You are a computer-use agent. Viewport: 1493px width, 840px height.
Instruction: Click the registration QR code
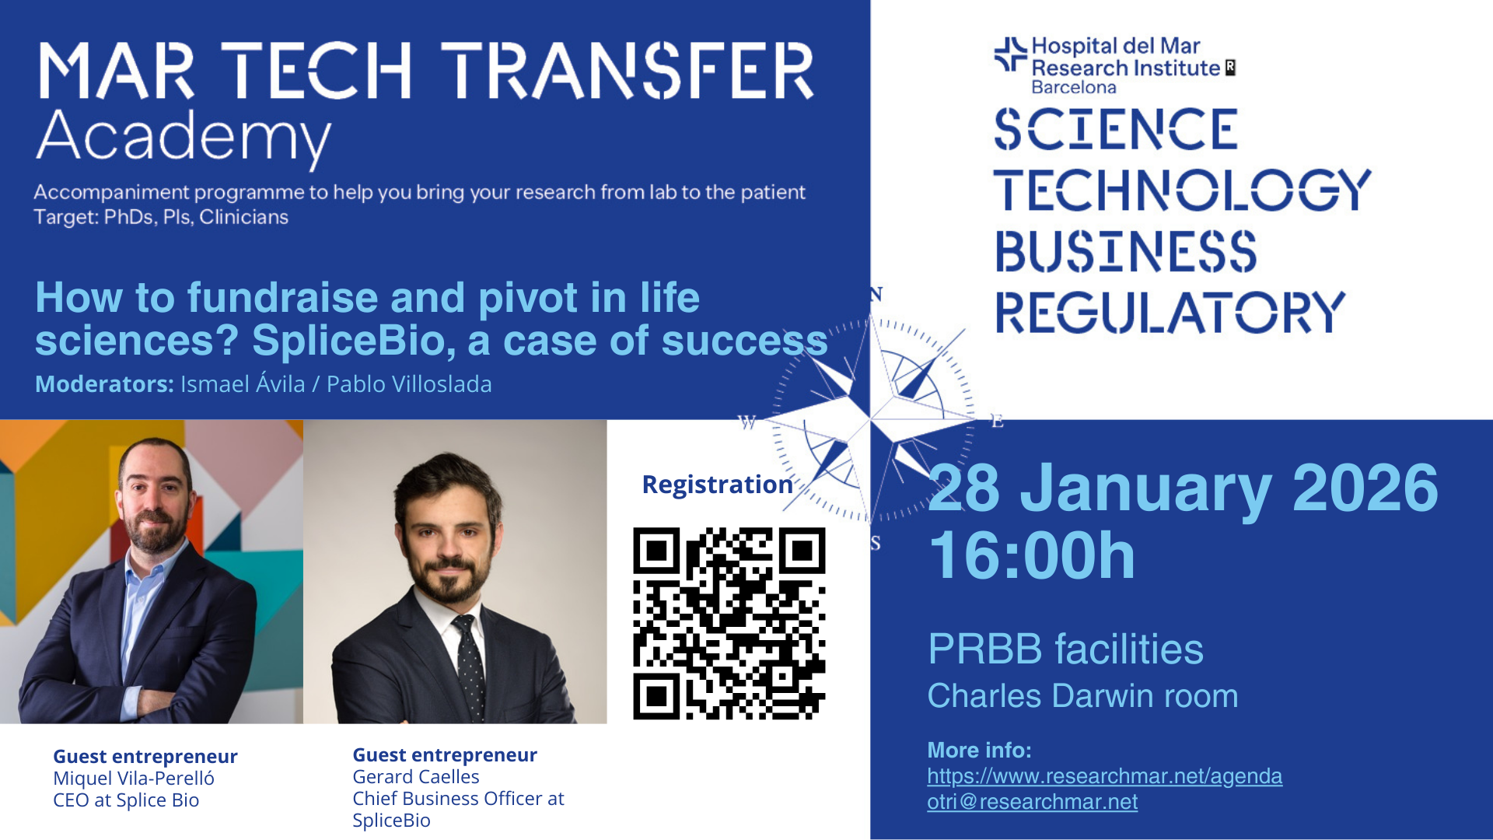point(729,624)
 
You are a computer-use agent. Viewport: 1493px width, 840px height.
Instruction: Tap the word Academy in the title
point(184,138)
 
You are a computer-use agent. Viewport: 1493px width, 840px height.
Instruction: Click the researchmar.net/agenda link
point(1104,776)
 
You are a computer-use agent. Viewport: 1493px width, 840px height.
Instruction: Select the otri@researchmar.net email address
point(1032,802)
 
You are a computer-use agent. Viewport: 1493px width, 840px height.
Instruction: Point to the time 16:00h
point(1032,555)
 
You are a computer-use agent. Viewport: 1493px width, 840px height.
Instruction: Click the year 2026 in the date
point(1365,488)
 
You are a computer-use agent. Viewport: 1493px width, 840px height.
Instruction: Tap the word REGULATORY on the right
point(1170,313)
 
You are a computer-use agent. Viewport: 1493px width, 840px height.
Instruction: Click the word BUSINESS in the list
point(1126,251)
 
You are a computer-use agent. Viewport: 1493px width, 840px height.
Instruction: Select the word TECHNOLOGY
point(1182,190)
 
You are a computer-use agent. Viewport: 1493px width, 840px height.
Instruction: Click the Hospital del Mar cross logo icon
point(1011,54)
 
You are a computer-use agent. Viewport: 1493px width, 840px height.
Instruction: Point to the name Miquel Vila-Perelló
point(134,779)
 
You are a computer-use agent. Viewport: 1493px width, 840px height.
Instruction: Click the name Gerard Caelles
point(416,777)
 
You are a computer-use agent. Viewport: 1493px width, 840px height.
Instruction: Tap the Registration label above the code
point(717,485)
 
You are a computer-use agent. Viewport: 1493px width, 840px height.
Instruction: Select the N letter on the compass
point(876,294)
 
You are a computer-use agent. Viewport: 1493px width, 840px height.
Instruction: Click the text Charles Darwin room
point(1082,696)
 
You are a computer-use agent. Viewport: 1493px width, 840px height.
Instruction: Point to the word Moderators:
point(104,384)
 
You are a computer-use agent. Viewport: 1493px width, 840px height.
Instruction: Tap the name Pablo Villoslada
point(409,384)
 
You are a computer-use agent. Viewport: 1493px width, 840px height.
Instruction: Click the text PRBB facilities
point(1065,649)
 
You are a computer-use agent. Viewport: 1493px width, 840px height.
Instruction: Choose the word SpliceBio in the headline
point(353,341)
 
